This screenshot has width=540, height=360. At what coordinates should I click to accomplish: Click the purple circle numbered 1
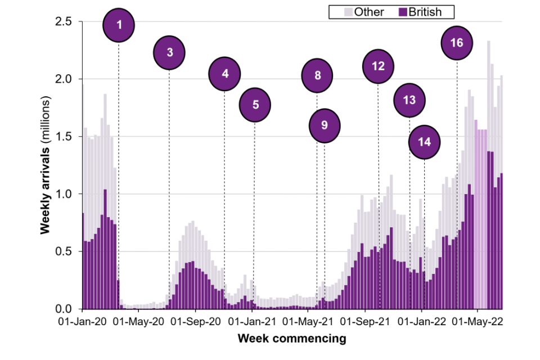pos(119,25)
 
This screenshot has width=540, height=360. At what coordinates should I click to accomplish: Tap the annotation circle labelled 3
pos(170,53)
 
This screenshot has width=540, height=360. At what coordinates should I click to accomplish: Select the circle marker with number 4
pos(225,74)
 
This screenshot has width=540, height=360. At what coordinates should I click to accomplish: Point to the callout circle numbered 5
pos(255,105)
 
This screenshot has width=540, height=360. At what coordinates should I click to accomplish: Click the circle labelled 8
pos(317,75)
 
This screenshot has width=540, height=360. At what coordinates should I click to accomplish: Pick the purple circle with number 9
pos(325,125)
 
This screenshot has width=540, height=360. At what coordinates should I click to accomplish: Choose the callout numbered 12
pos(378,66)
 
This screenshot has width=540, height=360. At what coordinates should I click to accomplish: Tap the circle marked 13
pos(409,101)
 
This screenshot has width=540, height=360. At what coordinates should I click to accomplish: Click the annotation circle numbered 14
pos(425,142)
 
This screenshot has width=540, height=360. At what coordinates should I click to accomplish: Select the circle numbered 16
pos(457,43)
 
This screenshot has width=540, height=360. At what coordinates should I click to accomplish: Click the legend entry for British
pos(422,12)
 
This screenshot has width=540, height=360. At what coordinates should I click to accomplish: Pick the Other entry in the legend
pos(363,12)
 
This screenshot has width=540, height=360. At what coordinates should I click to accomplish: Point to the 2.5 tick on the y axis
pos(67,21)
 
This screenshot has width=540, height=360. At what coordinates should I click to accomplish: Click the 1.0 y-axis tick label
pos(67,193)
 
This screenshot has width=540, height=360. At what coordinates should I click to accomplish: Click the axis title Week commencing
pos(291,339)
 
